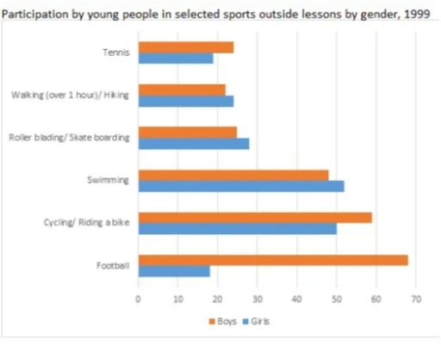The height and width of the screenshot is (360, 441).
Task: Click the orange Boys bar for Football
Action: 272,259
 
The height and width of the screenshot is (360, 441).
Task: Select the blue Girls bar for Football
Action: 173,270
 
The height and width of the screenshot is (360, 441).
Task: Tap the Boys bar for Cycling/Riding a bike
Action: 255,217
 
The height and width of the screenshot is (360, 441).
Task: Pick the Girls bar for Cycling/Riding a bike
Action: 237,228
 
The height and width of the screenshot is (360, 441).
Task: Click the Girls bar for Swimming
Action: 241,186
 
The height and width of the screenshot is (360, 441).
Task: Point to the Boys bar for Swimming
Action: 233,175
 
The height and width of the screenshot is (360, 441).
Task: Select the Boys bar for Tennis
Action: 185,47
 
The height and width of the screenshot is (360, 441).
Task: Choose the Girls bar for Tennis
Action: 175,58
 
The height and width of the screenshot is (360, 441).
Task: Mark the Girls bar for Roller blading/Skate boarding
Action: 193,143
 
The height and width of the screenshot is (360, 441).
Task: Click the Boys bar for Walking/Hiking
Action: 181,90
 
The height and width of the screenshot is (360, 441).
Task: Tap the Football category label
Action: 115,265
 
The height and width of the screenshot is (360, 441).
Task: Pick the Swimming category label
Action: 111,180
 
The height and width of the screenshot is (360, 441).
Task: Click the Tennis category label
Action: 115,53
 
